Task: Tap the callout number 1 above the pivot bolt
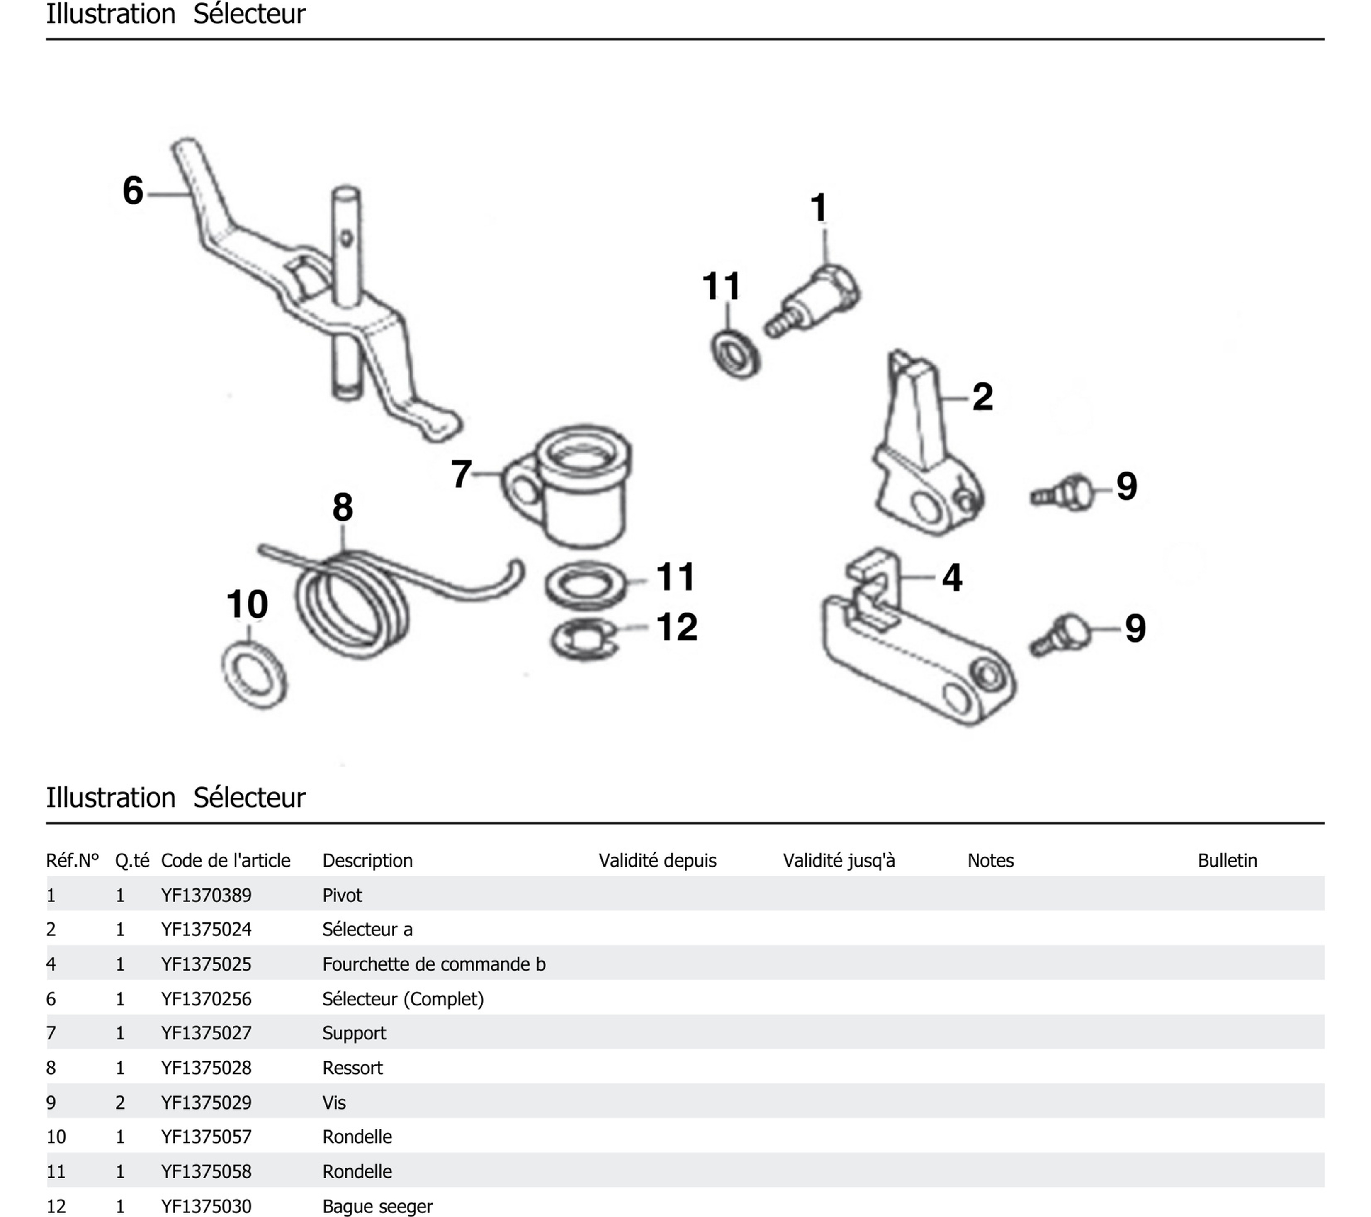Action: tap(818, 207)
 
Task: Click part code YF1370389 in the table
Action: tap(206, 895)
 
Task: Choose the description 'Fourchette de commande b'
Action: tap(433, 964)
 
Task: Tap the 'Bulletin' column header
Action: tap(1227, 860)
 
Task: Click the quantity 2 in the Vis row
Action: tap(120, 1102)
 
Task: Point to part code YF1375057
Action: tap(206, 1137)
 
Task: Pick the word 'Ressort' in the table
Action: tap(352, 1067)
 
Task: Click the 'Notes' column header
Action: tap(990, 860)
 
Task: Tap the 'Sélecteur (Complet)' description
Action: tap(402, 999)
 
